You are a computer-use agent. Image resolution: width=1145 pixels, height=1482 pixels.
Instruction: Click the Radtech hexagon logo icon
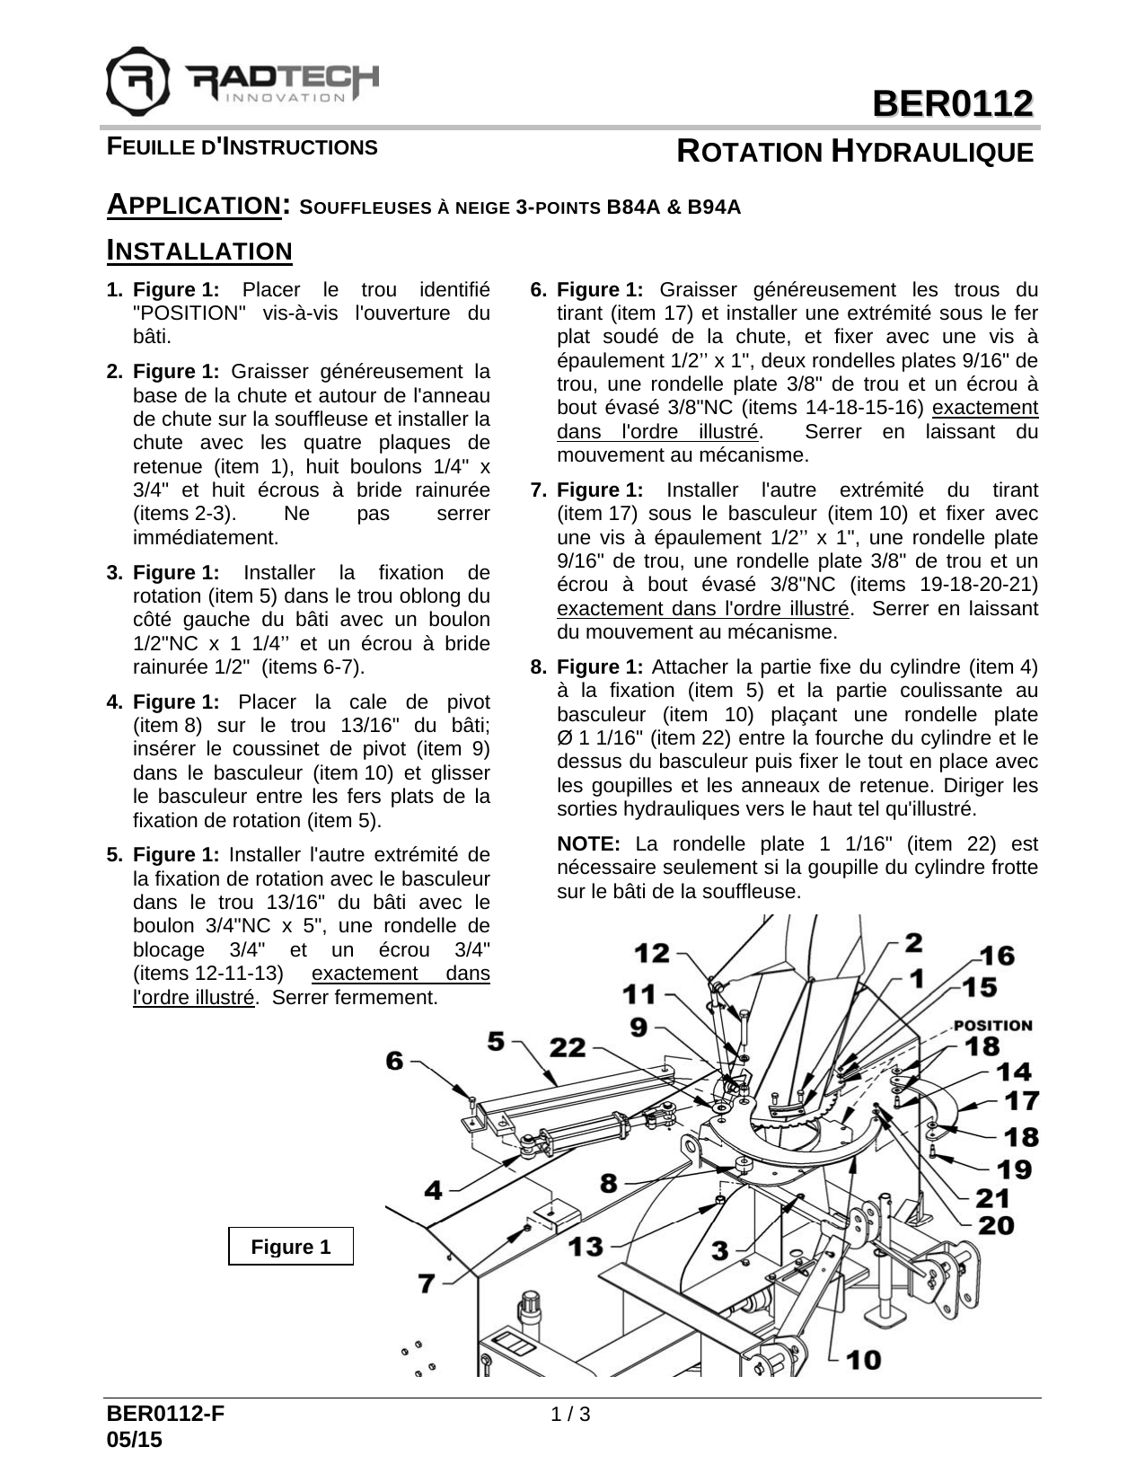[x=137, y=79]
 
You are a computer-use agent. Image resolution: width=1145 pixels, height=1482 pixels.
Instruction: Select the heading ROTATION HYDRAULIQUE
[x=855, y=152]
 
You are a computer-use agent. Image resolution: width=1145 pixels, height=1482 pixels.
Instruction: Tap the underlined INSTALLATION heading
[x=199, y=251]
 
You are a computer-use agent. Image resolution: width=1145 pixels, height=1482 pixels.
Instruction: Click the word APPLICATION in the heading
[x=191, y=205]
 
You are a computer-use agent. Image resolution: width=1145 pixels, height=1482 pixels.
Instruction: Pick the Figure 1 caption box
[x=291, y=1247]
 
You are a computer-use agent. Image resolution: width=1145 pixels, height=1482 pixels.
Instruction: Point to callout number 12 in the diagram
[x=653, y=953]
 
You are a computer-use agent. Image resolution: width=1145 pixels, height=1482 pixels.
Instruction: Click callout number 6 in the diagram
[x=395, y=1061]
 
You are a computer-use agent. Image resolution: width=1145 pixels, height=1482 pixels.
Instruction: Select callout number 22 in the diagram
[x=568, y=1047]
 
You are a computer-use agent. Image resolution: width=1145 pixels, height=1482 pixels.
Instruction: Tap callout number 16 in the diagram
[x=997, y=956]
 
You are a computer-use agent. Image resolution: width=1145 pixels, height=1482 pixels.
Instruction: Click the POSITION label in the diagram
[x=992, y=1025]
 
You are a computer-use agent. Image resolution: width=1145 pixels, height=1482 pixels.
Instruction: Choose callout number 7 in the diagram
[x=427, y=1284]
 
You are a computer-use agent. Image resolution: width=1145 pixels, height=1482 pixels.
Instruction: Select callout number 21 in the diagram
[x=993, y=1197]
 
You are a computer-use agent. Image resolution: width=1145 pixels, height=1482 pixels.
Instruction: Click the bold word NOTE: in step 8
[x=588, y=844]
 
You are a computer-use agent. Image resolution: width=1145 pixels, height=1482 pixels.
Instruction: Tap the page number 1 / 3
[x=571, y=1416]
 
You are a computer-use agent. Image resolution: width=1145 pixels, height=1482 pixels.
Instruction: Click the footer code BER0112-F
[x=165, y=1416]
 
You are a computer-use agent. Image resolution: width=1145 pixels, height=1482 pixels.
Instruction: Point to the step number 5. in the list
[x=114, y=855]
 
